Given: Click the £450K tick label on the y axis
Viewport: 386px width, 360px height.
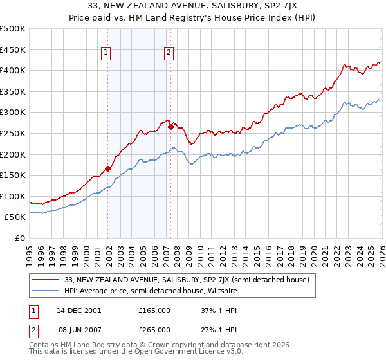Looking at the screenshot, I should pos(13,50).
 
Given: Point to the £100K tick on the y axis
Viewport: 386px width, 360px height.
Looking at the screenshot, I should pos(13,196).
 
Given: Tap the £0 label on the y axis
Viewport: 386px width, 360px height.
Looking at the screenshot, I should pos(19,238).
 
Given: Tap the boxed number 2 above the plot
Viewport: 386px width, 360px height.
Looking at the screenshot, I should pos(169,53).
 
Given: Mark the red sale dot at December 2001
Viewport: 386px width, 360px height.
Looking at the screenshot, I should pos(107,168).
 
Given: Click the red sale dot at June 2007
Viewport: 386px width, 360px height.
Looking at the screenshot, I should pos(170,127).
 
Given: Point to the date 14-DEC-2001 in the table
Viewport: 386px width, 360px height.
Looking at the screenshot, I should pos(79,310).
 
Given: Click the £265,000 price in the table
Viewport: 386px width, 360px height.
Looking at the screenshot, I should pos(154,329).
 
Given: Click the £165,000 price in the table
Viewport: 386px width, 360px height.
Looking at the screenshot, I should pos(154,310).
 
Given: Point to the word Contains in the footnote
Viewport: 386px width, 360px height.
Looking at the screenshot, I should pos(46,346).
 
